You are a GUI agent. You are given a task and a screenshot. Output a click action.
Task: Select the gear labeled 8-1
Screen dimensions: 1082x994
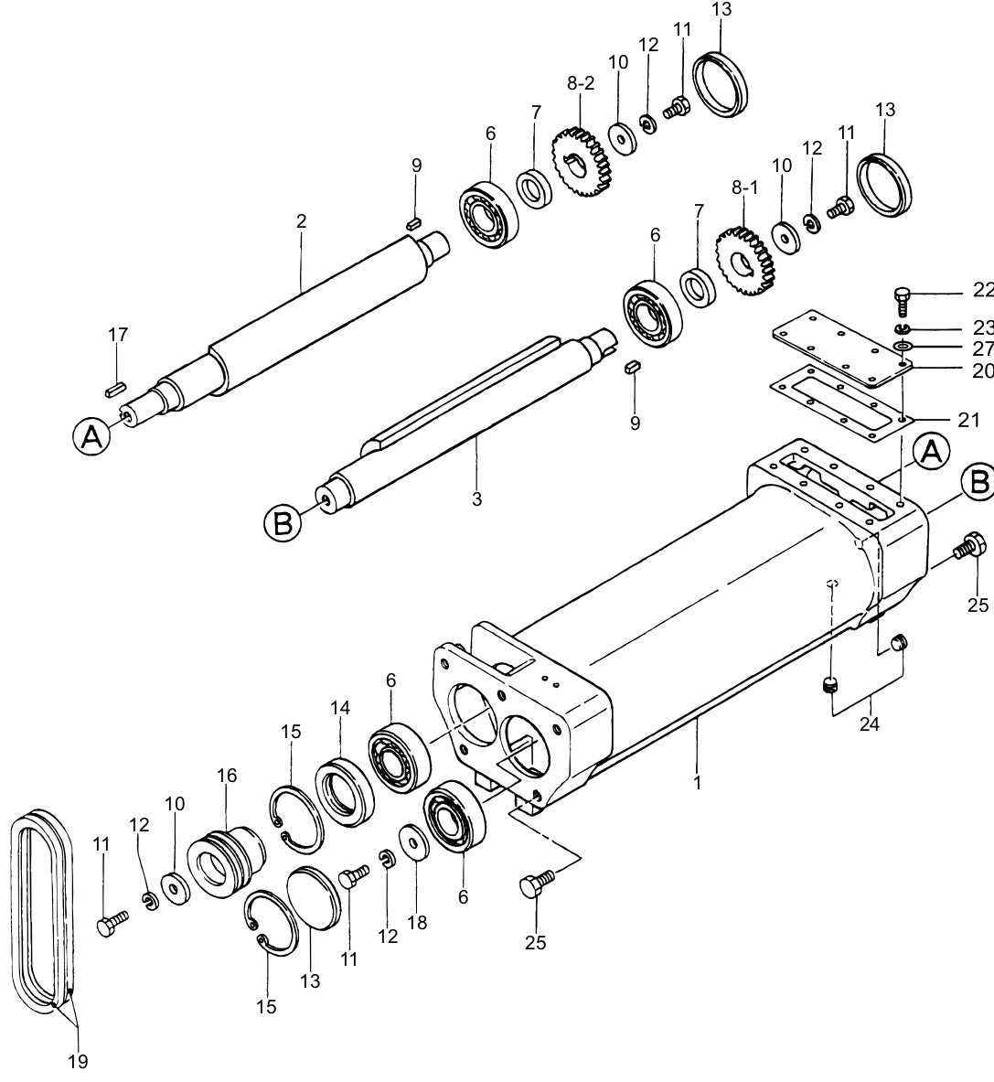[744, 262]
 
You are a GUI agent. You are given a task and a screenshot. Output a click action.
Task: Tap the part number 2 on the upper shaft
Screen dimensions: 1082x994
[301, 221]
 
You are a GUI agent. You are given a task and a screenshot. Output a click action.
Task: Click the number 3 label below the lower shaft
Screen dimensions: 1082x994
[476, 499]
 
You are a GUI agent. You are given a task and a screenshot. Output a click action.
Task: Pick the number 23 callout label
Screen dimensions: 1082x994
[982, 327]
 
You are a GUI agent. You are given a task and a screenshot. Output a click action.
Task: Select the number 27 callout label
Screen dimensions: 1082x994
[982, 348]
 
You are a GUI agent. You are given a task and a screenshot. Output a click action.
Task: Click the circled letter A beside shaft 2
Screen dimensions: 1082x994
[91, 437]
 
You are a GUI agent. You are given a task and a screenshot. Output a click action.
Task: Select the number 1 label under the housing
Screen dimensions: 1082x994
[697, 783]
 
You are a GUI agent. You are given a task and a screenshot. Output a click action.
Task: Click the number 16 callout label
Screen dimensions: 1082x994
[226, 776]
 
